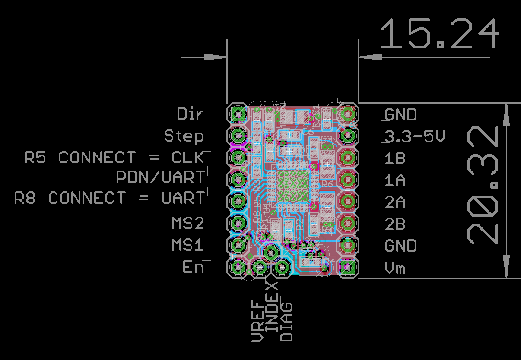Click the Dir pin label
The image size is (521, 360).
coord(190,114)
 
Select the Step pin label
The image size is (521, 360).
coord(184,136)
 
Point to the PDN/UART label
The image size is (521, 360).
coord(160,177)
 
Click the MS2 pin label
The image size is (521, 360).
coord(187,224)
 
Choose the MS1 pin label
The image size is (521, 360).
coord(187,245)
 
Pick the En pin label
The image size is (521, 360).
coord(193,268)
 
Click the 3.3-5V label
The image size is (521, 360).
coord(414,137)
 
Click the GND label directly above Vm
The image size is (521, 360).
coord(400,246)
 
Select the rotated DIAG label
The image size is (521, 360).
coord(286,322)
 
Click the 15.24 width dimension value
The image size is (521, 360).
coord(440,35)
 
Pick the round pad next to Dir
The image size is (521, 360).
coord(238,114)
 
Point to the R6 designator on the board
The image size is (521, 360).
coord(327,184)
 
